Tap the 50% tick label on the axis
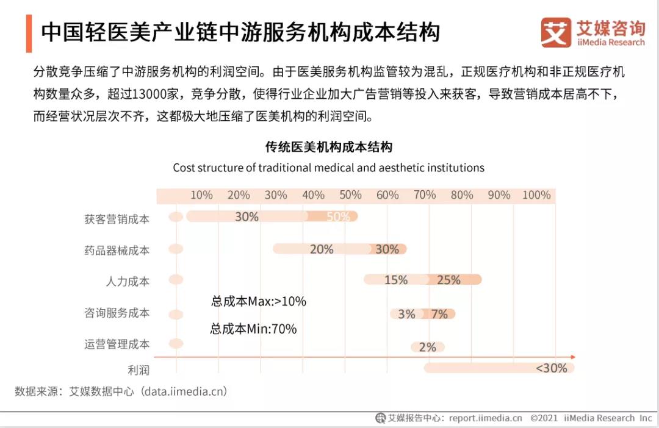pyautogui.click(x=350, y=195)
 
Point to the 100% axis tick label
pyautogui.click(x=536, y=195)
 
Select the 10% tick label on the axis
pyautogui.click(x=201, y=195)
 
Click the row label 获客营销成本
pyautogui.click(x=117, y=219)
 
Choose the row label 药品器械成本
pyautogui.click(x=117, y=250)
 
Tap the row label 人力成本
pyautogui.click(x=128, y=281)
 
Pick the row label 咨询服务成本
pyautogui.click(x=117, y=313)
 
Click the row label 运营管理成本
pyautogui.click(x=117, y=344)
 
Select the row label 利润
pyautogui.click(x=139, y=370)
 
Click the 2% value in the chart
pyautogui.click(x=427, y=348)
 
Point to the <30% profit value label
pyautogui.click(x=551, y=368)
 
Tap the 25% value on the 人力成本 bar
pyautogui.click(x=448, y=280)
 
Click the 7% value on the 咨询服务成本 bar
pyautogui.click(x=439, y=315)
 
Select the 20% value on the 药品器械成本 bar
pyautogui.click(x=322, y=249)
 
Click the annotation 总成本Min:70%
pyautogui.click(x=253, y=329)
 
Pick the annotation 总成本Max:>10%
pyautogui.click(x=259, y=301)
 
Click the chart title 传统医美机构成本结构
pyautogui.click(x=328, y=147)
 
